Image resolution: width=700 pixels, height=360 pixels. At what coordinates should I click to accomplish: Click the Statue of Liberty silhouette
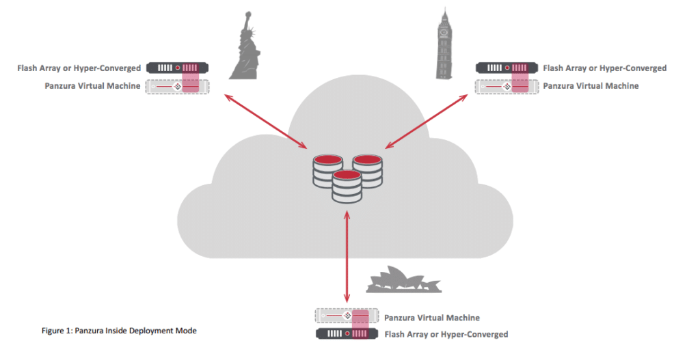tap(245, 49)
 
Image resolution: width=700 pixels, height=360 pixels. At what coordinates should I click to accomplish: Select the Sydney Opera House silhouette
tap(404, 280)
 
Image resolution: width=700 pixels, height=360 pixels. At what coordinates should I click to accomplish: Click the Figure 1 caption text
tap(119, 331)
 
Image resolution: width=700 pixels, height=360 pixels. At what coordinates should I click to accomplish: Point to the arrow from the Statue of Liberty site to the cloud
tap(266, 121)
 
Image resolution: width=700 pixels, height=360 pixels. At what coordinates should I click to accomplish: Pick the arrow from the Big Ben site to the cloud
tap(427, 121)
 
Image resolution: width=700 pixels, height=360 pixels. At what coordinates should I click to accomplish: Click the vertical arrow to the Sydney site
tap(347, 257)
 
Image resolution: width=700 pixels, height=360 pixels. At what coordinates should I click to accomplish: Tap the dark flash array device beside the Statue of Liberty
tap(177, 68)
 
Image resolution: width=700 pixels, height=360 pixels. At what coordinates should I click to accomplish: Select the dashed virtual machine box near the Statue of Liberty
tap(177, 86)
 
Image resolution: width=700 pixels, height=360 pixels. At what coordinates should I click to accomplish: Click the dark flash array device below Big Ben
tap(507, 68)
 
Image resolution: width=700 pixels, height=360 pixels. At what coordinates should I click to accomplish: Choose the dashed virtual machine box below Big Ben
tap(507, 86)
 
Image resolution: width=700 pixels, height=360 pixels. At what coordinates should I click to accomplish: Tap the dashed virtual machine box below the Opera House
tap(347, 316)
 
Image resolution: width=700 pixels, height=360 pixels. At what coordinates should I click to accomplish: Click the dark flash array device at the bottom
tap(347, 333)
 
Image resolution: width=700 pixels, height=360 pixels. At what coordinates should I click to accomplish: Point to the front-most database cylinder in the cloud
tap(347, 186)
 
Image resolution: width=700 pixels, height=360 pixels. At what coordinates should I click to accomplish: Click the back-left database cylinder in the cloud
tap(328, 171)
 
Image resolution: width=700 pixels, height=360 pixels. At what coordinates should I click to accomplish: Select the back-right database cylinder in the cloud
tap(367, 171)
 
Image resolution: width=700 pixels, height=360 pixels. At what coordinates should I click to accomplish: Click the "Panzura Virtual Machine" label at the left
tap(92, 86)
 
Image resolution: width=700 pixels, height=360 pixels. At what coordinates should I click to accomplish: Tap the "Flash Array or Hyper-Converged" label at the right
tap(605, 68)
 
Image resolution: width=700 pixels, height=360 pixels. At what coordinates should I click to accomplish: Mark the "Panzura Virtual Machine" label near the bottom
tap(432, 318)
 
